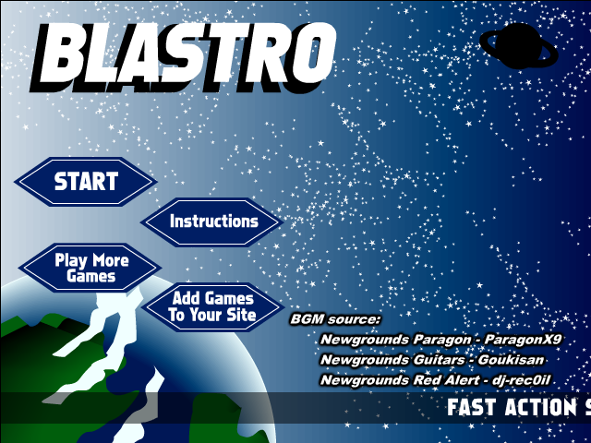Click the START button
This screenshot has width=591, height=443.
coord(86,182)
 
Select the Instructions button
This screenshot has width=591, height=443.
coord(212,221)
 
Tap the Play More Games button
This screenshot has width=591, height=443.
coord(90,268)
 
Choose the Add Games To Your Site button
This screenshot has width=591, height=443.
coord(212,307)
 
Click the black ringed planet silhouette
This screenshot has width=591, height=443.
coord(519,46)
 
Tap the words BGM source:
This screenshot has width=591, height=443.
coord(335,319)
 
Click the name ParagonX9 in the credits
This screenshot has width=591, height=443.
coord(523,340)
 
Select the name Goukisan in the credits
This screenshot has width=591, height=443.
coord(511,360)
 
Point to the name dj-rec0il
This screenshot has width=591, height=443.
coord(521,379)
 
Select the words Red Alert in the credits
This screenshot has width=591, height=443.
coord(446,379)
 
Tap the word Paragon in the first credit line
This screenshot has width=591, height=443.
coord(442,341)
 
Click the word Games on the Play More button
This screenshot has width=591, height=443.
coord(90,277)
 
